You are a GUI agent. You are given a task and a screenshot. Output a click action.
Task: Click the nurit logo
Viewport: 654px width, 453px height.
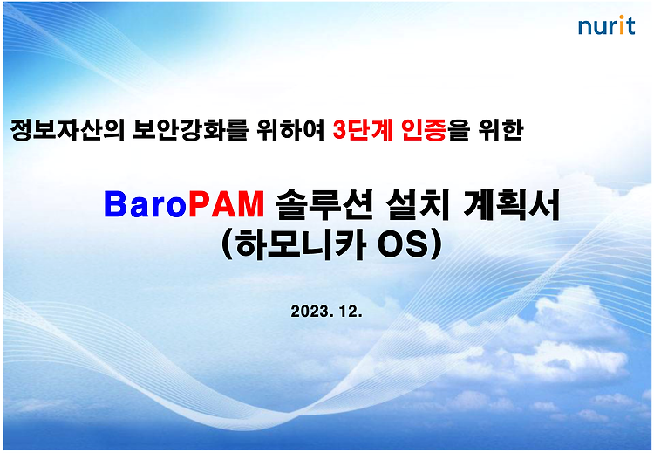click(606, 25)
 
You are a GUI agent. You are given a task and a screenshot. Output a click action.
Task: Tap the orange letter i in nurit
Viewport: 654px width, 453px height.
click(621, 25)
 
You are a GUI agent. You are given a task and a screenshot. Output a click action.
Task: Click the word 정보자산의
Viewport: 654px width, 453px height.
click(67, 130)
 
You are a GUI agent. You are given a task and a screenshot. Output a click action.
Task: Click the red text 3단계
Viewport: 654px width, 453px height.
click(363, 130)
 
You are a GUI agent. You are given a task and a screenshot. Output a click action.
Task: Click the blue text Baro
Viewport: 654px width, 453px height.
click(146, 204)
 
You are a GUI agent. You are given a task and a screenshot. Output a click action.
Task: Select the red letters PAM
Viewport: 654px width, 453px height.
click(226, 204)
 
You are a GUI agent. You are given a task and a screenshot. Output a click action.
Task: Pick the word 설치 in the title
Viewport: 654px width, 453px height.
click(417, 204)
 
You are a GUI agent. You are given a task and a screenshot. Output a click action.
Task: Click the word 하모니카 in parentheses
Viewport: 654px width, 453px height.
click(301, 244)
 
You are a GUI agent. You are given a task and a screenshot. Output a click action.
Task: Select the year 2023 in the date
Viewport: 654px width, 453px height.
click(310, 311)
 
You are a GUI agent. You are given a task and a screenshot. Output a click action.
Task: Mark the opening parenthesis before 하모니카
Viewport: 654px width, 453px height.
click(228, 245)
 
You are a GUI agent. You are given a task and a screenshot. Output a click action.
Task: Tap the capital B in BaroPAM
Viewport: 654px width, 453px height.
click(115, 204)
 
